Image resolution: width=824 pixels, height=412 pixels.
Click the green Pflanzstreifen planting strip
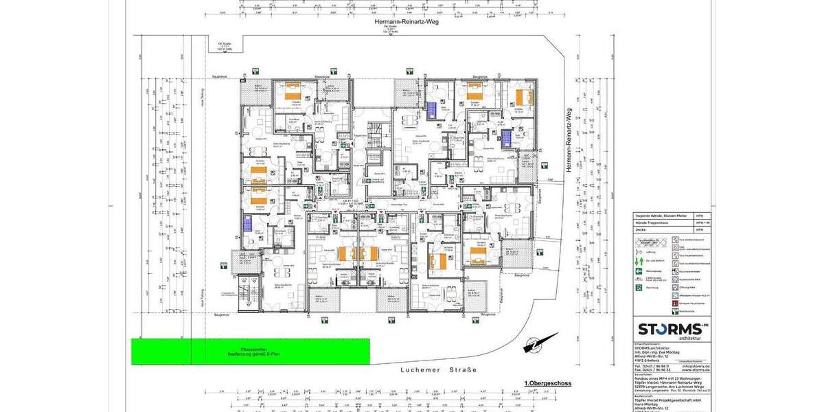(251, 352)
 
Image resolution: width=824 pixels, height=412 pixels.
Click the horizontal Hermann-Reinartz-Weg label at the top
(406, 22)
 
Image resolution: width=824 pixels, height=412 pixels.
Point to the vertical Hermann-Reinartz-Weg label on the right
(569, 140)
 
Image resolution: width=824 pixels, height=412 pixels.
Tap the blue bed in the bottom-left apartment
(247, 224)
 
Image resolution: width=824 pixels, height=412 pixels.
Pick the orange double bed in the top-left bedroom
(293, 95)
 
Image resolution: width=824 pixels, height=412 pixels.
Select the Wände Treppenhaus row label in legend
(653, 222)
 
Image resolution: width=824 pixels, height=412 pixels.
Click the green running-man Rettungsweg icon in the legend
(639, 271)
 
